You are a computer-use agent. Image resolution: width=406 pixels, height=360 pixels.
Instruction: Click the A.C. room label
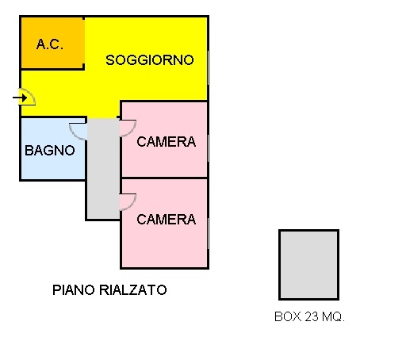50,44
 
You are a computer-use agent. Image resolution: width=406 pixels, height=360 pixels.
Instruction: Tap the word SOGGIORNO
150,60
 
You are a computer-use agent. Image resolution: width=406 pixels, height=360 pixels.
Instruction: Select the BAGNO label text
50,151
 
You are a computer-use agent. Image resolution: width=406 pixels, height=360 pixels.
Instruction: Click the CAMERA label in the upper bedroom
167,142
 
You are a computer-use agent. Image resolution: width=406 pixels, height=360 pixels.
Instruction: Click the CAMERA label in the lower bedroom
167,220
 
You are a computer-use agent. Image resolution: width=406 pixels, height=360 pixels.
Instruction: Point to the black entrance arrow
20,98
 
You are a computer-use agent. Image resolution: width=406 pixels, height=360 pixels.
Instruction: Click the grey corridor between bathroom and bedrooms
103,169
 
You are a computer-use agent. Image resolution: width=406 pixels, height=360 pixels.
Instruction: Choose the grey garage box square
308,265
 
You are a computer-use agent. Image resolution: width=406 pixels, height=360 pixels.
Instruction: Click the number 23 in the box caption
312,316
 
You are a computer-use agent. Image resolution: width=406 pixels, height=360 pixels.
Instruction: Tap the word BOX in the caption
288,316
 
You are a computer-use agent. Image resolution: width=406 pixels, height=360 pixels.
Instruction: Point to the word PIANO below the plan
74,290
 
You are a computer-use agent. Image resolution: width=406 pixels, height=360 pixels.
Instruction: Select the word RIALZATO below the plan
133,290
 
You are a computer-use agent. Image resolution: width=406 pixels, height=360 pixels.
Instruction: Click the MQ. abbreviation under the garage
333,316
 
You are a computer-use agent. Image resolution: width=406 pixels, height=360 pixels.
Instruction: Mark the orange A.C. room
52,43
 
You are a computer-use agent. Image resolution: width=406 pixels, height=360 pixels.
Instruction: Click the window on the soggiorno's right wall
209,68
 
